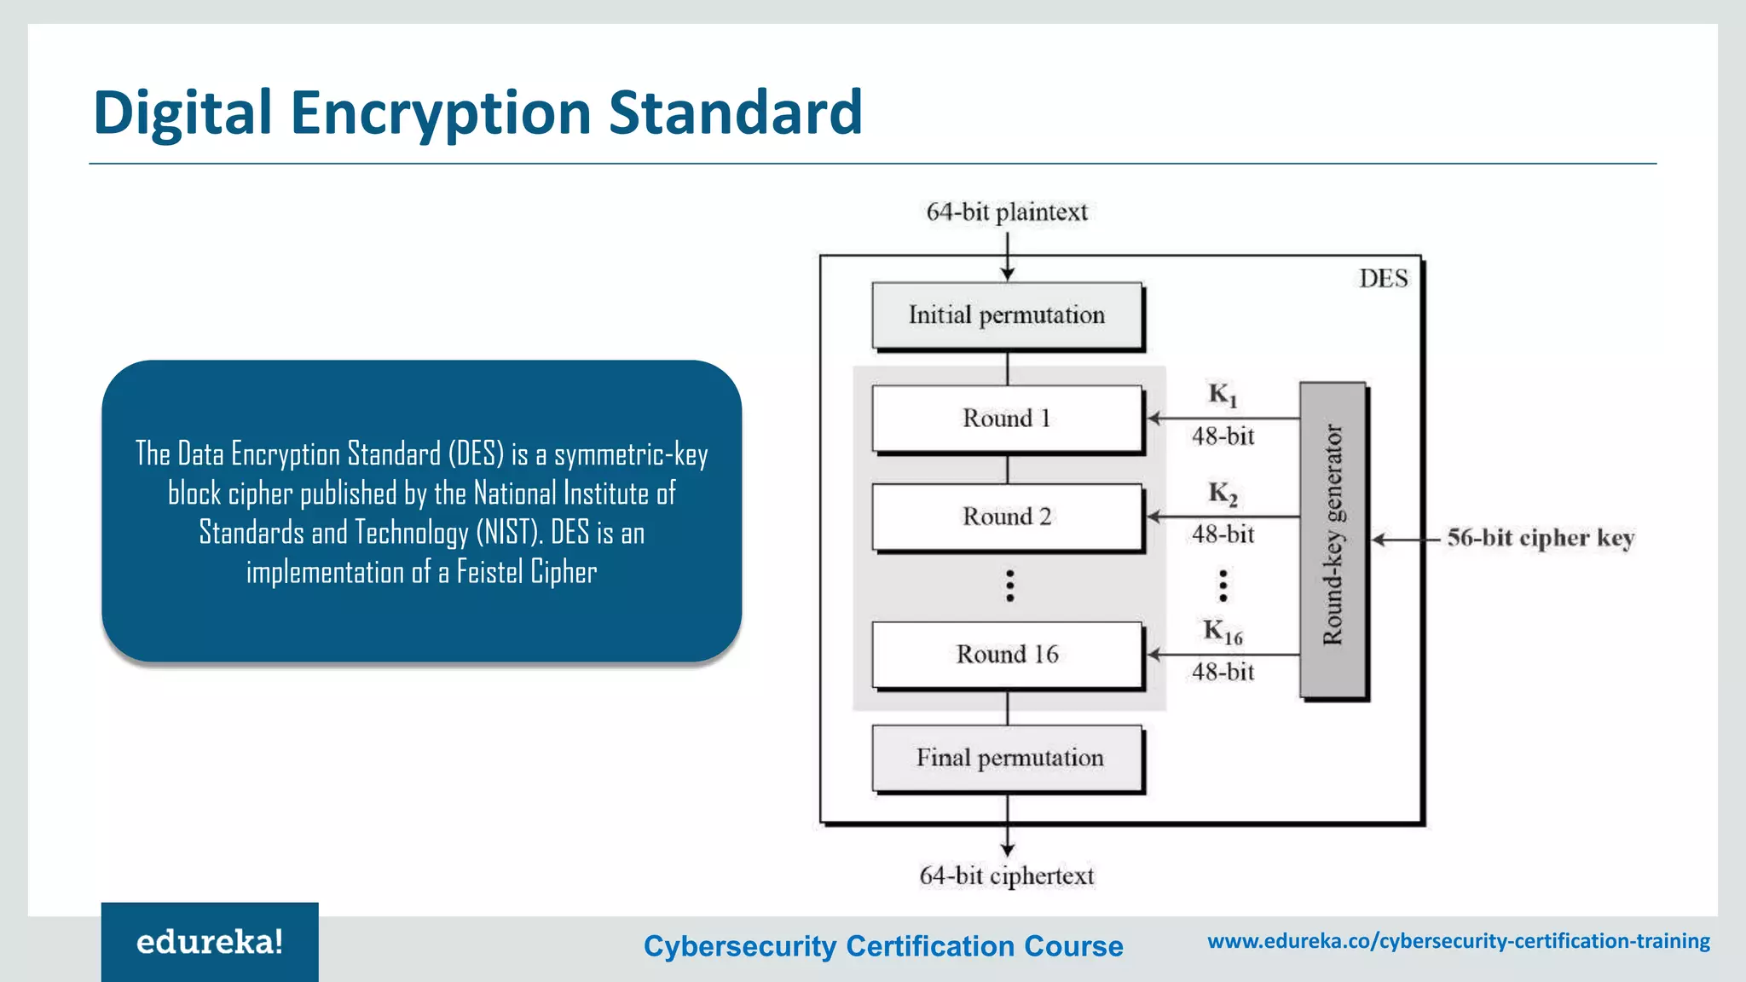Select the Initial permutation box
click(1007, 315)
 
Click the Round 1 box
click(1007, 419)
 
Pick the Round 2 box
click(1007, 517)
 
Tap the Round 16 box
click(1007, 655)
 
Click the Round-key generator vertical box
click(1333, 539)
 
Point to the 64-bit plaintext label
click(1007, 211)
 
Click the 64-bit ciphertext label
click(1006, 875)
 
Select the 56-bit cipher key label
click(1540, 538)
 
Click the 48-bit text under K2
click(1223, 534)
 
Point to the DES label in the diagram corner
click(1383, 279)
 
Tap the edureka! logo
click(210, 942)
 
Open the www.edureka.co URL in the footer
click(1458, 941)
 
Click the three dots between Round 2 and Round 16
click(1009, 586)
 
